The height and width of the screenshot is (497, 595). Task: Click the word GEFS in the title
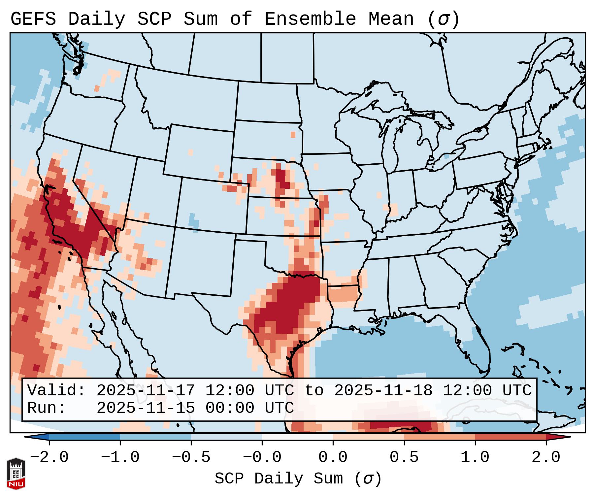33,19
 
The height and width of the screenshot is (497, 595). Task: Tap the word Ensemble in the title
310,19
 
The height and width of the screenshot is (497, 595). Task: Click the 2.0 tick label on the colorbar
546,457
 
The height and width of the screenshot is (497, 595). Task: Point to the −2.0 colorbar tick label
49,457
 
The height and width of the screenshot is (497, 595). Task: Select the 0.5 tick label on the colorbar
404,457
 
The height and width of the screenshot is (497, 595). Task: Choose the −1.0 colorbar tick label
120,457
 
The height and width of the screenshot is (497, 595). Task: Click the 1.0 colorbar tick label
475,457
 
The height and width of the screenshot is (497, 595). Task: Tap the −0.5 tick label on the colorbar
191,457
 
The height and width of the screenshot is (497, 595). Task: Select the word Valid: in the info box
56,391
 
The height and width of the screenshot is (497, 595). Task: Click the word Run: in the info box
47,408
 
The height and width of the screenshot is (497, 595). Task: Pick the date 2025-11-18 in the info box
383,391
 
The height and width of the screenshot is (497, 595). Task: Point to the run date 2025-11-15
146,408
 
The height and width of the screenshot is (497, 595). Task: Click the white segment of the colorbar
297,437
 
